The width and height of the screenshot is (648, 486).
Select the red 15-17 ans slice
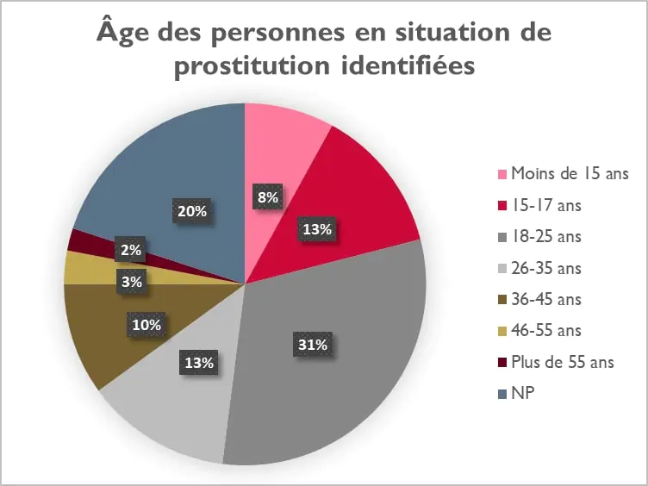[x=362, y=198]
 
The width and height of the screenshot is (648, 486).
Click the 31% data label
[x=313, y=345]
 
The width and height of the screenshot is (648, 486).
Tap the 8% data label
[x=267, y=197]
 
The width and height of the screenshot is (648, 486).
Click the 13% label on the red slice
[x=317, y=229]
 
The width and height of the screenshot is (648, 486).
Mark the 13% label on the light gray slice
[x=198, y=363]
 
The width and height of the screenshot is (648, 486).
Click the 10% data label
[x=146, y=326]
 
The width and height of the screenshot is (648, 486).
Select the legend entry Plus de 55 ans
[x=563, y=362]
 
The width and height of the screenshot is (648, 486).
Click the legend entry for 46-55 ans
[x=546, y=330]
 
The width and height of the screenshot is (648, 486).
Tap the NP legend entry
[x=520, y=394]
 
